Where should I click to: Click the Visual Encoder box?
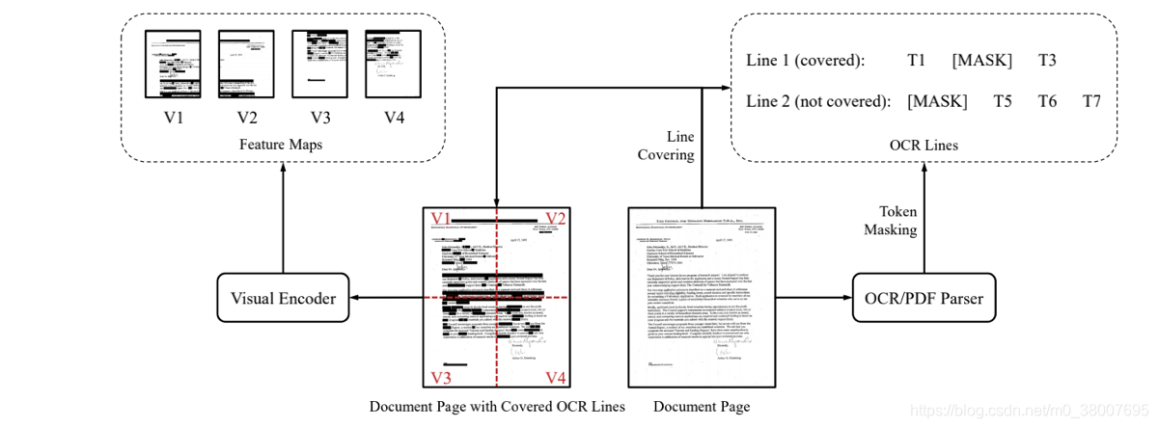coord(282,299)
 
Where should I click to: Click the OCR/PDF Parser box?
coord(924,299)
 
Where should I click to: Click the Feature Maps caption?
coord(282,145)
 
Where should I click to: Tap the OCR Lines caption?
coord(924,146)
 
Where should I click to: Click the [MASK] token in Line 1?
coord(981,61)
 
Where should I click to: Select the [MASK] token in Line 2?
coord(936,101)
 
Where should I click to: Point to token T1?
coord(917,61)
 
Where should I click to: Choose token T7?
coord(1091,101)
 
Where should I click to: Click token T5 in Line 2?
coord(1003,101)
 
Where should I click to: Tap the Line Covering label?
coord(666,146)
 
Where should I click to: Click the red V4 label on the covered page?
coord(557,376)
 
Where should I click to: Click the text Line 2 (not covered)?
coord(817,101)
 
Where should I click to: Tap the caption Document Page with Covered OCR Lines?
coord(497,407)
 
